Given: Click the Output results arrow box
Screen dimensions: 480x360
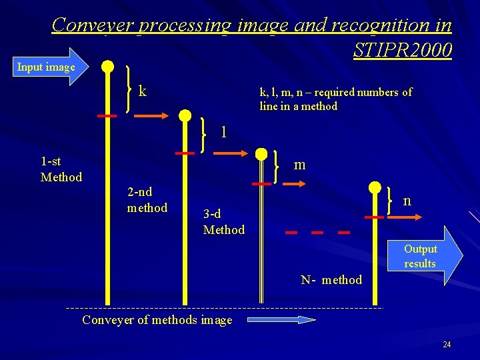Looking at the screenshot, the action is [x=427, y=256].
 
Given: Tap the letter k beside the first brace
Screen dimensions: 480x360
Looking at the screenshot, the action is [x=143, y=91].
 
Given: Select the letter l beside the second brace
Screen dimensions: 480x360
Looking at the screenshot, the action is [x=224, y=130].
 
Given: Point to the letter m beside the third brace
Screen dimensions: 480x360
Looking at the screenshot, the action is [x=299, y=164].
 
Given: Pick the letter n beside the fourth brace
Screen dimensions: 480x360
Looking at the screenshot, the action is [x=406, y=199].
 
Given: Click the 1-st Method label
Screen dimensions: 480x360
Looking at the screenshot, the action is [x=61, y=169].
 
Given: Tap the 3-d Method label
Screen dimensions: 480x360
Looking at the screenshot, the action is [x=223, y=222].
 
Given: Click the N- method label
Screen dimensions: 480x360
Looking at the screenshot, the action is [x=331, y=280].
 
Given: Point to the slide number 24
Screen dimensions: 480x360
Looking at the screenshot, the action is [x=447, y=345].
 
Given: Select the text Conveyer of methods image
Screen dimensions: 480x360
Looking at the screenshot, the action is [x=157, y=320].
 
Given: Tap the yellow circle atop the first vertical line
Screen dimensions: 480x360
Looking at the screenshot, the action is [x=107, y=67].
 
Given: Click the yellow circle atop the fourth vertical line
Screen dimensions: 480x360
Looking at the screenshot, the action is [x=375, y=188].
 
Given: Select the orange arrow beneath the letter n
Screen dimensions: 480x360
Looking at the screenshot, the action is [x=407, y=217].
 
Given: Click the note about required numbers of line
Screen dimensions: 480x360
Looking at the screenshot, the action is [x=335, y=99].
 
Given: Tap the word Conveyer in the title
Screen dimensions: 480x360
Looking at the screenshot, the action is [x=93, y=25].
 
